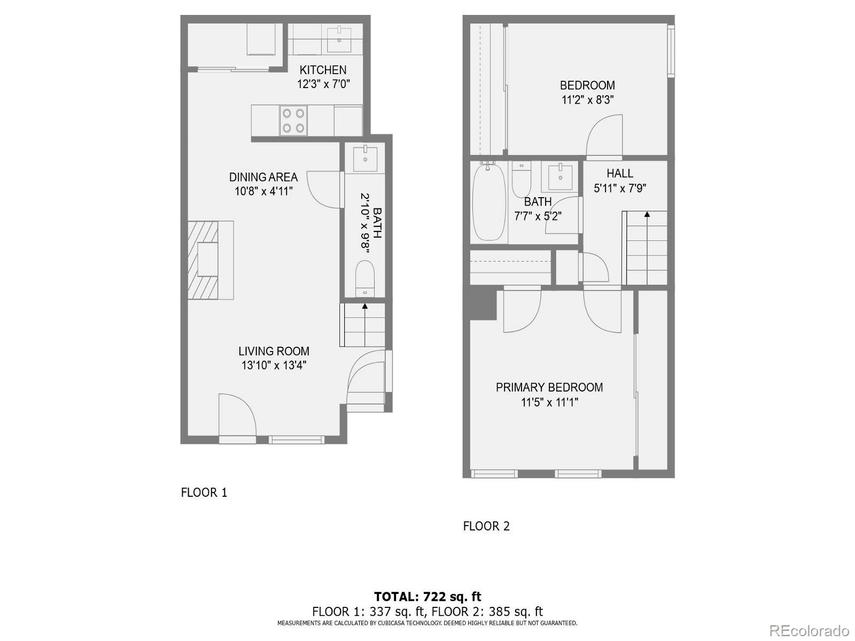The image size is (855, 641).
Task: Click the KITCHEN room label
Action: [323, 70]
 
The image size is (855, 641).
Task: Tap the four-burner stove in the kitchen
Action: [293, 120]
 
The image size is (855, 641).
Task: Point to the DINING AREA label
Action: [263, 177]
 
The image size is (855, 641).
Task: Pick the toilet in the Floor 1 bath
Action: [365, 277]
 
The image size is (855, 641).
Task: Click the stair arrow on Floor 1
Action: [365, 307]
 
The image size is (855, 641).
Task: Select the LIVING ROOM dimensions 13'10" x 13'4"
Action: [274, 366]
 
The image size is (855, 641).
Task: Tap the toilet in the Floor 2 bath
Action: [522, 179]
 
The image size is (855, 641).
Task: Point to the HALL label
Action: [620, 174]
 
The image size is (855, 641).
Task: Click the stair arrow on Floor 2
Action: [647, 215]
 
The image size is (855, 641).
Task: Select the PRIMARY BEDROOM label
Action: [549, 388]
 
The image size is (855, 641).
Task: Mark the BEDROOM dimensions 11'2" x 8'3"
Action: [587, 100]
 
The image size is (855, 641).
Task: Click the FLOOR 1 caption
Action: [204, 493]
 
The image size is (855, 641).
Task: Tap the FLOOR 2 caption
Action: [486, 526]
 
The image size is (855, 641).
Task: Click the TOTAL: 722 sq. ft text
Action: [428, 597]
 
